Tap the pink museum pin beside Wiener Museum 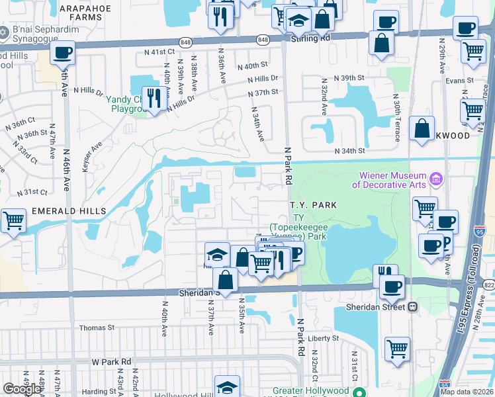(x=435, y=179)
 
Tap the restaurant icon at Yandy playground (x=154, y=99)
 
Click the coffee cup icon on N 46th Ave (x=63, y=54)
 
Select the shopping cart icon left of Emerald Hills (x=13, y=222)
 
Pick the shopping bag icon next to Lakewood (x=422, y=130)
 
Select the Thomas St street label (x=97, y=328)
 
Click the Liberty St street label (x=324, y=338)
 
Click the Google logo (x=22, y=388)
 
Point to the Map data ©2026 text (x=467, y=392)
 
